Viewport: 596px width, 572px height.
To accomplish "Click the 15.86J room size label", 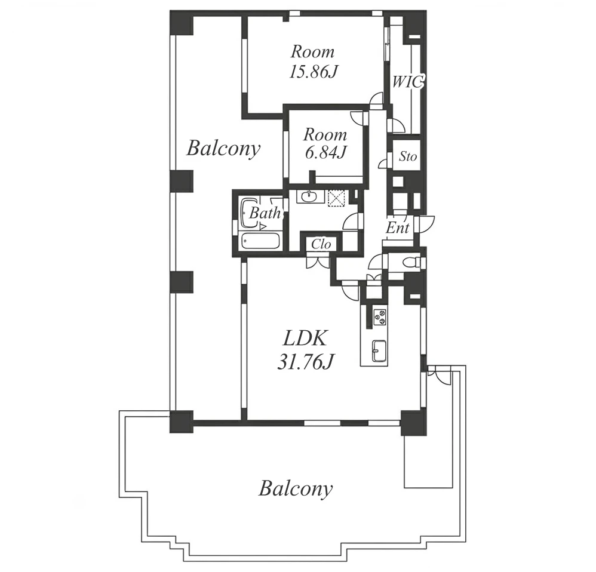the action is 313,72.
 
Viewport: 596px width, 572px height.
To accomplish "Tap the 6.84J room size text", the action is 325,153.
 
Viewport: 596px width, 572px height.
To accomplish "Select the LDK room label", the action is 305,339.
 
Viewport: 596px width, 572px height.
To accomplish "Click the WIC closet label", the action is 407,82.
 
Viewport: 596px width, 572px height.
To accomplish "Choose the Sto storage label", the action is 408,156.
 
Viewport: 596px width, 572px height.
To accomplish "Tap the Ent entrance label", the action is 398,228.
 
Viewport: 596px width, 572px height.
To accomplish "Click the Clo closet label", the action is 321,244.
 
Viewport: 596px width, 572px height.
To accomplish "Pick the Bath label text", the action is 265,213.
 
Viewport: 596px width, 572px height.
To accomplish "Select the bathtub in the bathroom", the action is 260,241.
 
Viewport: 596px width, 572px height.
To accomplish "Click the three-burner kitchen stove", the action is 380,317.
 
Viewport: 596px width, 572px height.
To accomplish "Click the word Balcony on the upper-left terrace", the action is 223,149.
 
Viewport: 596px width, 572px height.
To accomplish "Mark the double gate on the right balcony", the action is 438,375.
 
